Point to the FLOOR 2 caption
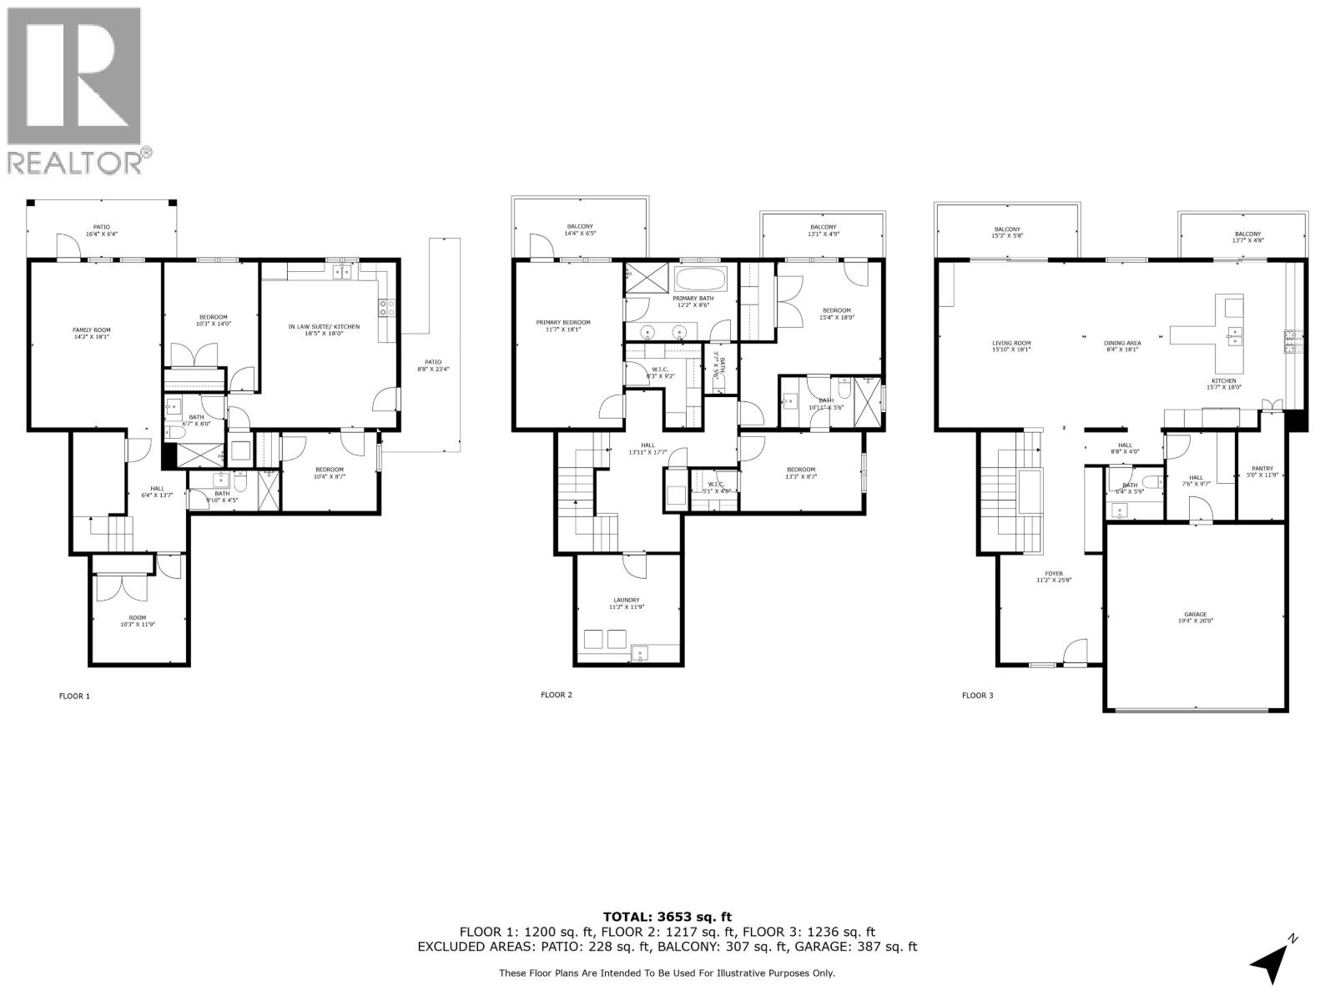pos(557,694)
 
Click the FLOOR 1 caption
pos(74,695)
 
